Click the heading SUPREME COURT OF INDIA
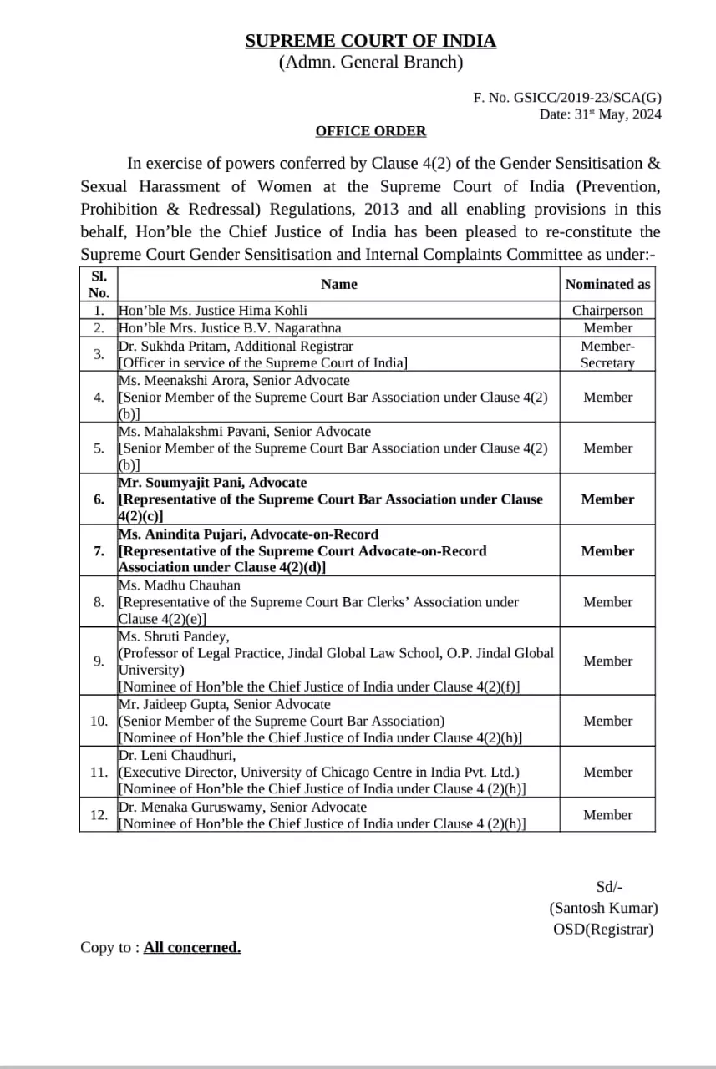[x=370, y=41]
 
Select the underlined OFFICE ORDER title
[x=370, y=131]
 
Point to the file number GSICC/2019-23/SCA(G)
[x=587, y=98]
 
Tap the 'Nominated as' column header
[x=607, y=284]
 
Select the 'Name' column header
[x=338, y=284]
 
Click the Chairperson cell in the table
[x=607, y=311]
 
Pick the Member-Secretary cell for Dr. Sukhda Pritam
[x=607, y=354]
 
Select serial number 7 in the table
[x=99, y=550]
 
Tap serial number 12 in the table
[x=99, y=815]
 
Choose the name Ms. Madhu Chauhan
[x=180, y=585]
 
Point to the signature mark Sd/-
[x=609, y=888]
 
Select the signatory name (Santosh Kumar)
[x=603, y=908]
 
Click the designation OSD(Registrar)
[x=603, y=929]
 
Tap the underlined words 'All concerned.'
[x=192, y=947]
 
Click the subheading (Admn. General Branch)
[x=370, y=62]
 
